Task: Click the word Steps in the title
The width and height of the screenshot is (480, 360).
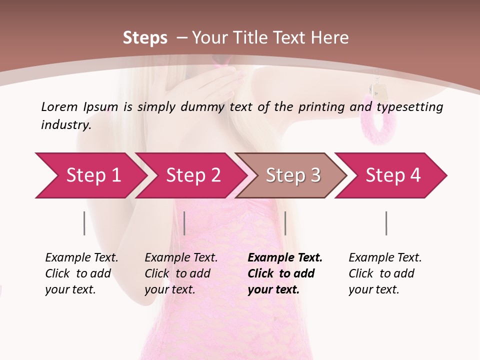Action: (x=145, y=38)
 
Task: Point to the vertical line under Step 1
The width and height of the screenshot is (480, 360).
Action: (x=84, y=223)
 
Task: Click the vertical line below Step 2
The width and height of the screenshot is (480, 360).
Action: (x=184, y=223)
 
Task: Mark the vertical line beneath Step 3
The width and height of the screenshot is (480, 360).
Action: (x=285, y=223)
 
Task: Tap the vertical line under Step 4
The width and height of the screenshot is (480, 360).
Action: (x=386, y=223)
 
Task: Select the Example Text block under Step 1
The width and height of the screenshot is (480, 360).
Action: (x=81, y=273)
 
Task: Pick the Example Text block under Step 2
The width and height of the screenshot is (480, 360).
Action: (x=181, y=273)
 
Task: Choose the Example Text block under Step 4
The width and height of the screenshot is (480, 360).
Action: (x=385, y=273)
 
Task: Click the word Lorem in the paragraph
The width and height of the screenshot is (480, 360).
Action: (x=59, y=106)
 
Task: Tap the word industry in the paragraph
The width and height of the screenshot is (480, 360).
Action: (x=66, y=125)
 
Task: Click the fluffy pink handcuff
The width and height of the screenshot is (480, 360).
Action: (x=378, y=120)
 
